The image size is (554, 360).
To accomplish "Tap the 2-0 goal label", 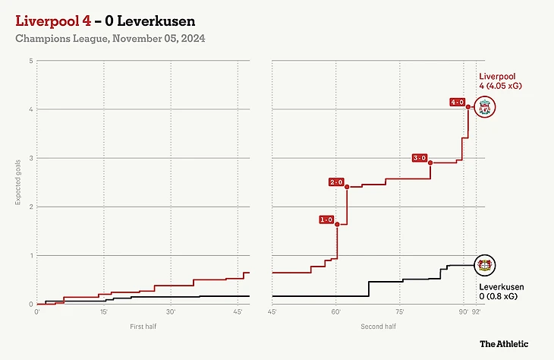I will pyautogui.click(x=336, y=182).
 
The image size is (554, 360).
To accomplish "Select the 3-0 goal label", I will pyautogui.click(x=420, y=158).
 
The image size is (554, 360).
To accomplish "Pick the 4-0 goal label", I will pyautogui.click(x=457, y=102).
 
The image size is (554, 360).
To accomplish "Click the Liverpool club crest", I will pyautogui.click(x=484, y=107).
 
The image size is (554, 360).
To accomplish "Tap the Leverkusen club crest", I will pyautogui.click(x=484, y=265).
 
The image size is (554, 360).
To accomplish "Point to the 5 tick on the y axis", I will pyautogui.click(x=31, y=61).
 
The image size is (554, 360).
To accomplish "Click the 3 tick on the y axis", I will pyautogui.click(x=31, y=158).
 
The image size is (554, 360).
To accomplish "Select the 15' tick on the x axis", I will pyautogui.click(x=103, y=311).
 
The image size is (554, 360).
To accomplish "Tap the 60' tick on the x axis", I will pyautogui.click(x=335, y=311).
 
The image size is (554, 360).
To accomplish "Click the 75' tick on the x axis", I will pyautogui.click(x=399, y=311).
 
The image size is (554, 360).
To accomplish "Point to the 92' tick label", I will pyautogui.click(x=476, y=311).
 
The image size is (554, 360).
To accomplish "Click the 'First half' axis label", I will pyautogui.click(x=143, y=327).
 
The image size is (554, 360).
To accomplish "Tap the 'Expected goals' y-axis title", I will pyautogui.click(x=17, y=182).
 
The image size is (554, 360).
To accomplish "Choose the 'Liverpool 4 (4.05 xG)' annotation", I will pyautogui.click(x=501, y=81).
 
